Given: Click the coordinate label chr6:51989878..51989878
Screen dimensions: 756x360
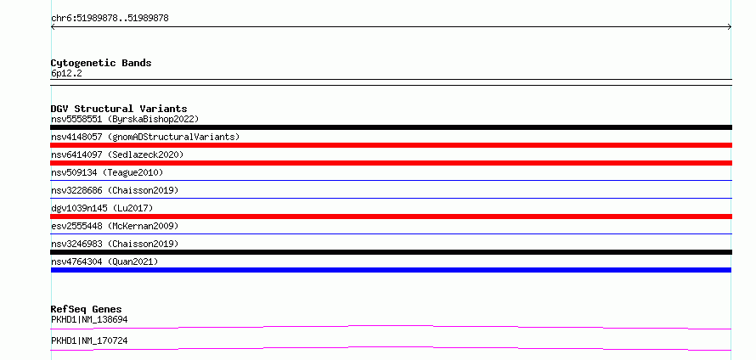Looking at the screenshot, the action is tap(110, 19).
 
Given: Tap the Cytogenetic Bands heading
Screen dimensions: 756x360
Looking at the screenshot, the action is tap(101, 63).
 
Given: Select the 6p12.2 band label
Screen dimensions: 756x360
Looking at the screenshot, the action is tap(66, 74).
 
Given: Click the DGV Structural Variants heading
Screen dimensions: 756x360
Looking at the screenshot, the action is tap(119, 109).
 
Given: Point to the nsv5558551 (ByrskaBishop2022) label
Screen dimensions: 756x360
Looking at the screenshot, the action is tap(125, 119).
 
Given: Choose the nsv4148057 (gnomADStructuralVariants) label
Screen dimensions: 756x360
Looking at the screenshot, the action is tap(145, 137).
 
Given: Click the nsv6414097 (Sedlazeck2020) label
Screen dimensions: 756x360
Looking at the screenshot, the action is tap(117, 155).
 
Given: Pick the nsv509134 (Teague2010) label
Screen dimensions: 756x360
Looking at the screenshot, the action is tap(107, 172).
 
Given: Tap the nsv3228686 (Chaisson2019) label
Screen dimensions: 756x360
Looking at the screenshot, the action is tap(115, 190).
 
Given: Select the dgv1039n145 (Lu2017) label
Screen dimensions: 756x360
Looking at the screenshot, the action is tap(102, 208).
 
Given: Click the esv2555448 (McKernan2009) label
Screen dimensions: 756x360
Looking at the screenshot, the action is tap(115, 226).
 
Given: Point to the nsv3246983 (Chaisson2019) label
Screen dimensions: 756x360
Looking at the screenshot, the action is tap(115, 244).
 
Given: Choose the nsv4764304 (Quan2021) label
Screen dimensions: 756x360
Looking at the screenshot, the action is tap(104, 262).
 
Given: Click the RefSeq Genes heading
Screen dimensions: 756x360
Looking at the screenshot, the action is tap(87, 309).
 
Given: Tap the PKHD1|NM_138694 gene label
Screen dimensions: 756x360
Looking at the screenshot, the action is tap(89, 319).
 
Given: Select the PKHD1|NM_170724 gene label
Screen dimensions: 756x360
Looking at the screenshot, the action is tap(89, 340).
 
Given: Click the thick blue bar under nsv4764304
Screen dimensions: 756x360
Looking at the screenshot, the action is tap(391, 270).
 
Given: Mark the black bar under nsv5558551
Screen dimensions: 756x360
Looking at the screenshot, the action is tap(391, 127).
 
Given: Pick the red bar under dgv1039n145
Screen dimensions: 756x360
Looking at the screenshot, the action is tap(391, 217).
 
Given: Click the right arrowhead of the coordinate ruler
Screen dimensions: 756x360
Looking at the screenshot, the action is tap(731, 27).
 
